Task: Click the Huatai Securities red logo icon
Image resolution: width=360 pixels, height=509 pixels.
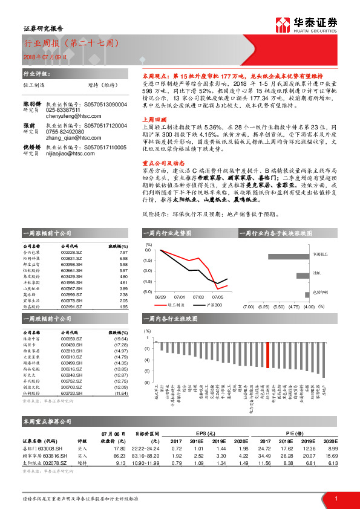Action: click(x=283, y=25)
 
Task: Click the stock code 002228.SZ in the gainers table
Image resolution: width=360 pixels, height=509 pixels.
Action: click(x=72, y=252)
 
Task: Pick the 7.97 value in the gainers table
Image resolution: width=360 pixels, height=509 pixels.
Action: click(x=123, y=252)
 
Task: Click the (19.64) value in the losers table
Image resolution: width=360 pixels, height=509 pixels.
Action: click(x=121, y=339)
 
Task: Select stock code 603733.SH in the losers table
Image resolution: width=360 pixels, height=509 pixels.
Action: click(x=72, y=394)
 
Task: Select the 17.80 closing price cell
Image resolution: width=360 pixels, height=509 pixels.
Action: click(x=119, y=449)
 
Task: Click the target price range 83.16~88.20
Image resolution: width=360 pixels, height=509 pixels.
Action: click(x=145, y=455)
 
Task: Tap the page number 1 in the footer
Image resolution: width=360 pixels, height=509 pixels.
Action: click(x=335, y=498)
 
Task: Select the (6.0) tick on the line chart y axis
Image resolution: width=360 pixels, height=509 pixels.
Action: click(x=147, y=292)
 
